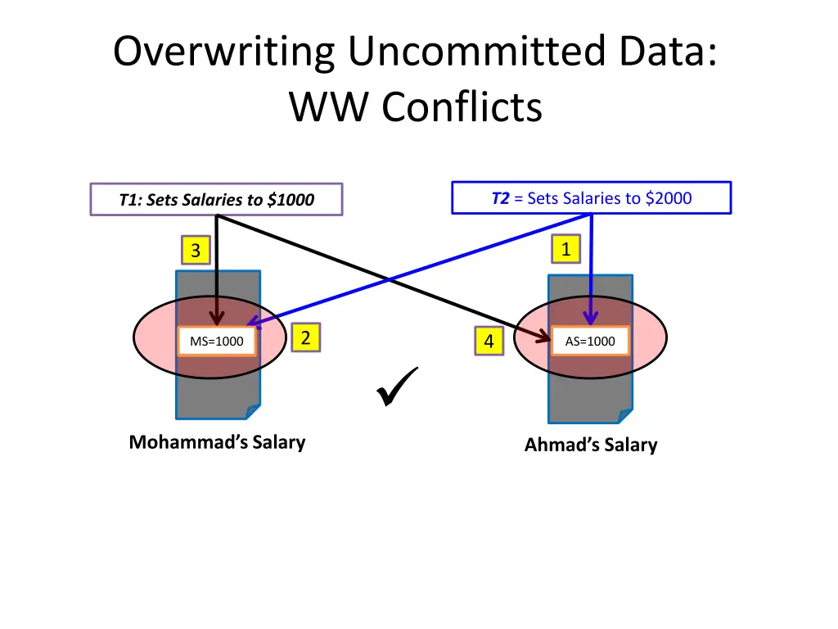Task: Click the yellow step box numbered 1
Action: [565, 250]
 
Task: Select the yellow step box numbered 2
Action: [305, 337]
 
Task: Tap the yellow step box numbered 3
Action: [195, 251]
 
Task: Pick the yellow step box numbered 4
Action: [489, 342]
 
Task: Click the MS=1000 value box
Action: [217, 342]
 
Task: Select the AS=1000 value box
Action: [589, 342]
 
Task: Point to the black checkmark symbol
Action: [398, 387]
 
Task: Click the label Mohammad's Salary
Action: [217, 442]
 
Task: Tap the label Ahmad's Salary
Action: [590, 445]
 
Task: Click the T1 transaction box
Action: [216, 200]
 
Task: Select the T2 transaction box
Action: [591, 198]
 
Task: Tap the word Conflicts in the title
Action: [462, 107]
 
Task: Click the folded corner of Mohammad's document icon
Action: [253, 411]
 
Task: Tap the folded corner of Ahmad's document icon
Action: [625, 416]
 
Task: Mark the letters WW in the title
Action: [331, 107]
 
